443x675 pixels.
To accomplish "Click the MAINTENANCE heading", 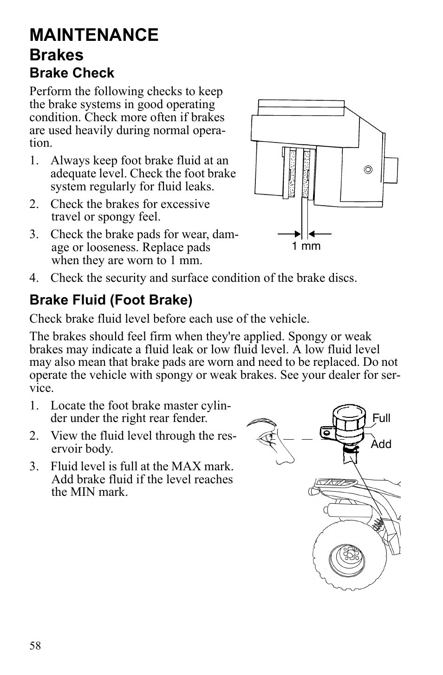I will click(94, 35).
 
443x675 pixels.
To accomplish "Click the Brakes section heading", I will click(56, 55).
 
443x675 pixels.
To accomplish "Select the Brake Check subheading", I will click(72, 73).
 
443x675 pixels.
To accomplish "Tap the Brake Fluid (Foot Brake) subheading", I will click(111, 300).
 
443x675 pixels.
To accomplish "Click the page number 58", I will click(35, 646).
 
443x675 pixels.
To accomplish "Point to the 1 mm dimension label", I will click(306, 246).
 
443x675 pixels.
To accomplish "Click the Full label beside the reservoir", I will click(381, 418).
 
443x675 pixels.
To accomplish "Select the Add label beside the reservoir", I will click(381, 444).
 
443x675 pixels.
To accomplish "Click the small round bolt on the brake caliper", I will click(368, 169).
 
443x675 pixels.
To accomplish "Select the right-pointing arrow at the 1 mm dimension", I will click(290, 234).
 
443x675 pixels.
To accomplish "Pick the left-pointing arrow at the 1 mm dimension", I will click(319, 234).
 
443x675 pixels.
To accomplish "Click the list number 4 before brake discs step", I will click(33, 278).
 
